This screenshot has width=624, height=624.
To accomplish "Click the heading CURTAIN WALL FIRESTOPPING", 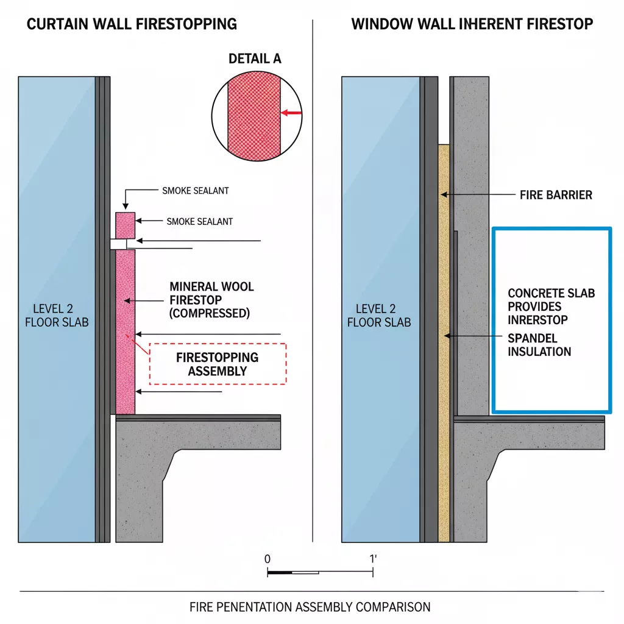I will [132, 24].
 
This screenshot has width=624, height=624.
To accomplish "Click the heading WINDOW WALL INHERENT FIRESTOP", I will [472, 24].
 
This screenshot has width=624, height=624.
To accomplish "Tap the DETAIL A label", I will [255, 58].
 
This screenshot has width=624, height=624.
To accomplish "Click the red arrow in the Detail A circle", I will [292, 112].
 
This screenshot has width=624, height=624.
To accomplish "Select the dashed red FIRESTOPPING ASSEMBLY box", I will [218, 364].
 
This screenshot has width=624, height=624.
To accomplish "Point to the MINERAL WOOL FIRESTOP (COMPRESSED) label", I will [211, 300].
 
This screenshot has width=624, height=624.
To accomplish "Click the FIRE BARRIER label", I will [556, 195].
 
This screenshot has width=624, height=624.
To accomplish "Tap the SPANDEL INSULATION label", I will [539, 345].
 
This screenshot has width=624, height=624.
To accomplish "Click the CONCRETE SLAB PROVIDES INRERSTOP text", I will [551, 306].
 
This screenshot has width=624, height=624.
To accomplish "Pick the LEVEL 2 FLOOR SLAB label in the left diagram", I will [57, 315].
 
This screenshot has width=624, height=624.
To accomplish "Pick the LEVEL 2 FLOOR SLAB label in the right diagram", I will [379, 315].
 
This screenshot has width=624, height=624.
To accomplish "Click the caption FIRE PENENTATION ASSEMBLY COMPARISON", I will [310, 607].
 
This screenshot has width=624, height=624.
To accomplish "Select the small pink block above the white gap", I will [126, 225].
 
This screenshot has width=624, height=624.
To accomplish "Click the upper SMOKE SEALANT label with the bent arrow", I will [196, 191].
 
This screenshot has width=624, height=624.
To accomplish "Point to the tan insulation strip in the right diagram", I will [444, 341].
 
